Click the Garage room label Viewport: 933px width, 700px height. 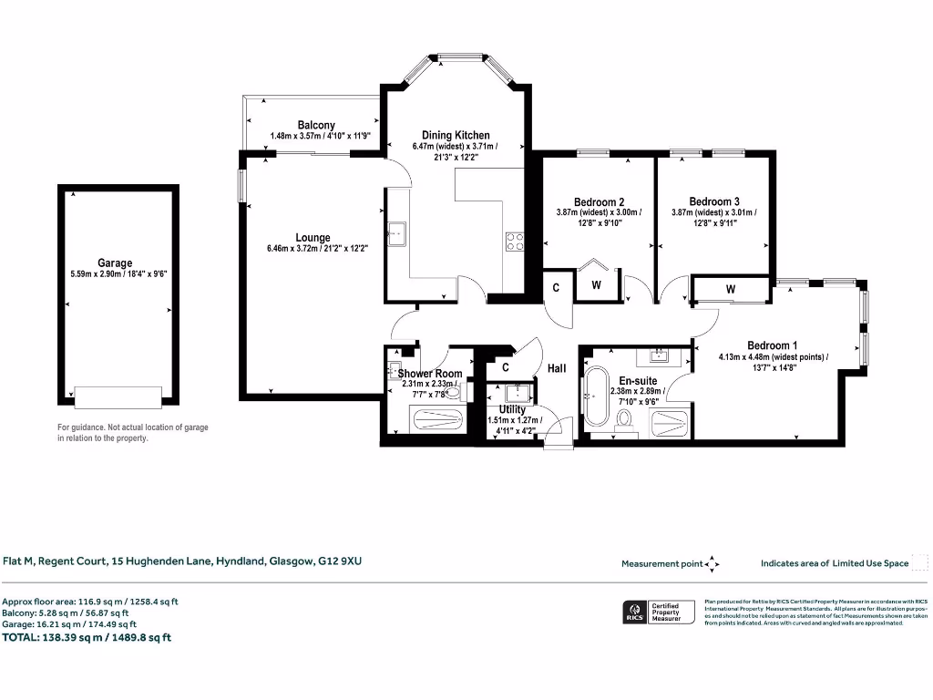(x=115, y=262)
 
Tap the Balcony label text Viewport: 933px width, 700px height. (x=316, y=125)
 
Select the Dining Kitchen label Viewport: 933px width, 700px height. (x=456, y=135)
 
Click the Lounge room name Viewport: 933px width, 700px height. (x=313, y=238)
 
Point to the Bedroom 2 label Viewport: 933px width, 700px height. (x=599, y=201)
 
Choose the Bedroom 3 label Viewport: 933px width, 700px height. (x=714, y=201)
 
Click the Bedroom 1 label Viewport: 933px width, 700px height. (x=773, y=345)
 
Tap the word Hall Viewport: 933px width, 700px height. (x=557, y=368)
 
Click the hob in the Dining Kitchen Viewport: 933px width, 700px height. (x=515, y=242)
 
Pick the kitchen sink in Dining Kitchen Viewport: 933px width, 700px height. (x=398, y=233)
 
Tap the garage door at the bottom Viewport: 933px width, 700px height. (x=118, y=396)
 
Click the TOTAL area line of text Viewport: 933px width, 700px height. (x=87, y=637)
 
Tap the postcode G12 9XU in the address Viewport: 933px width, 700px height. (x=339, y=561)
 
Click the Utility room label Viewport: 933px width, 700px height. (x=512, y=409)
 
